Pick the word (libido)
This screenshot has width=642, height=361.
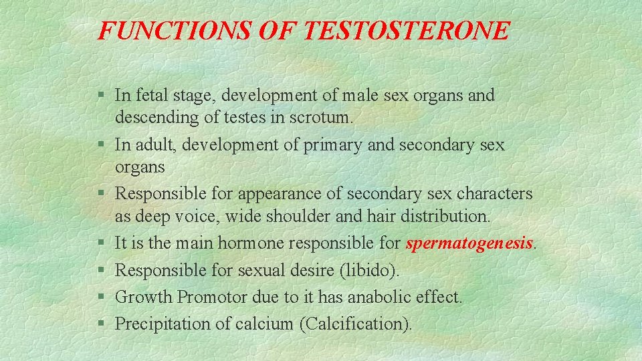click(x=370, y=270)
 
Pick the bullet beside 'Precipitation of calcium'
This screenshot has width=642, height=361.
click(x=101, y=324)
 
